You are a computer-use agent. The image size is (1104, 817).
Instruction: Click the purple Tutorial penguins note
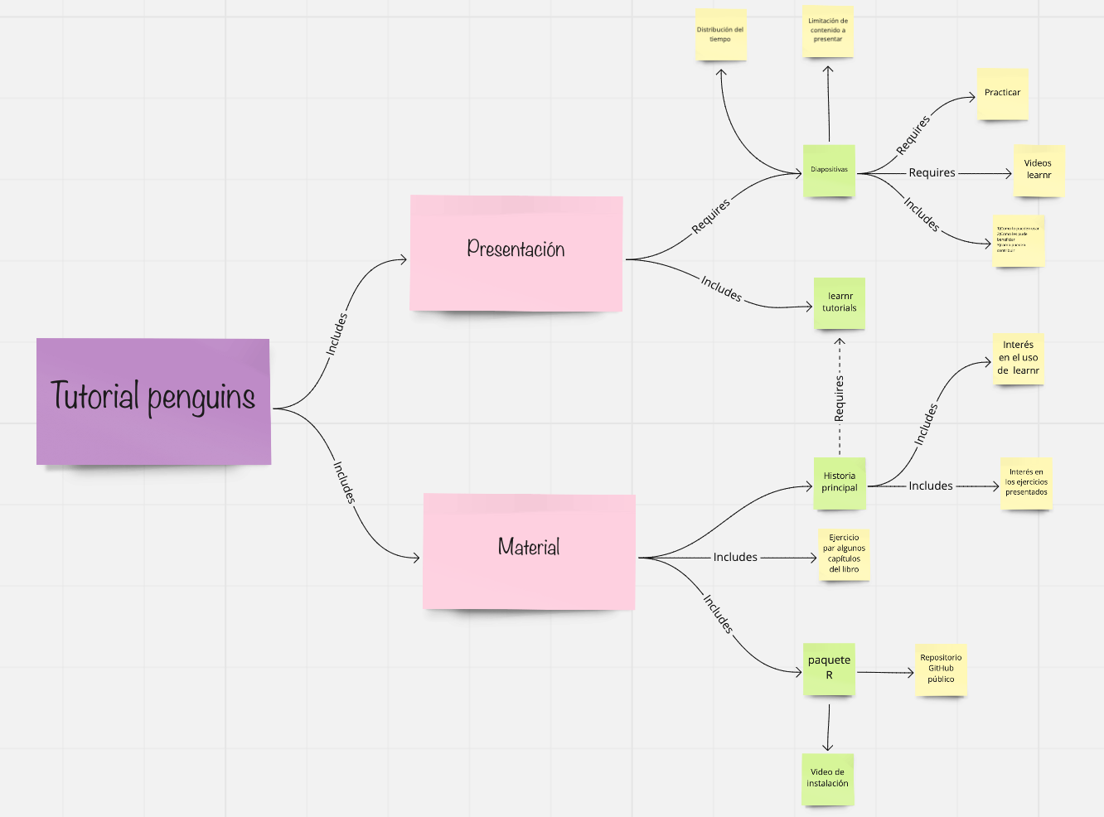pyautogui.click(x=153, y=400)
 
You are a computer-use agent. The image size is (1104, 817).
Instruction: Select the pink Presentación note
pyautogui.click(x=516, y=253)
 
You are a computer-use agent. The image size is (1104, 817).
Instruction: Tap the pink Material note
pyautogui.click(x=529, y=551)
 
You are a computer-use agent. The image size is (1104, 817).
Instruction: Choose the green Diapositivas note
pyautogui.click(x=829, y=171)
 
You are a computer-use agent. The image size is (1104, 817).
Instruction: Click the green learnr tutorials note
pyautogui.click(x=840, y=302)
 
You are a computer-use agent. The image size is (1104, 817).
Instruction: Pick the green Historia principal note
pyautogui.click(x=840, y=482)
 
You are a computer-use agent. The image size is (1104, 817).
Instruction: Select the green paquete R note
pyautogui.click(x=829, y=668)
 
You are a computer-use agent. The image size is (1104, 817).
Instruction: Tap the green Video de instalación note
pyautogui.click(x=827, y=778)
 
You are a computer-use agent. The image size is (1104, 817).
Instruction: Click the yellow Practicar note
pyautogui.click(x=1002, y=94)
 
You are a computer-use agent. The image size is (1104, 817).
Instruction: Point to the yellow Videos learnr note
pyautogui.click(x=1039, y=170)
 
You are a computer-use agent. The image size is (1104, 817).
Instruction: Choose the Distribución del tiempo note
pyautogui.click(x=720, y=35)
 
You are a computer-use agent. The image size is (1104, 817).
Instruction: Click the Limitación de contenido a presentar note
pyautogui.click(x=828, y=31)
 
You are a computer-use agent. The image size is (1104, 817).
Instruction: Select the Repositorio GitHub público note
pyautogui.click(x=941, y=669)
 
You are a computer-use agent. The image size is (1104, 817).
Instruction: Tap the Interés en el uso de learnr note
pyautogui.click(x=1018, y=358)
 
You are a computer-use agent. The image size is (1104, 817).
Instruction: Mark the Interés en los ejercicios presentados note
pyautogui.click(x=1026, y=483)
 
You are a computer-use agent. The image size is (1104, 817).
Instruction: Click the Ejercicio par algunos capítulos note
pyautogui.click(x=844, y=554)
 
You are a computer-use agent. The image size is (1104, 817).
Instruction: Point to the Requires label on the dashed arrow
pyautogui.click(x=840, y=398)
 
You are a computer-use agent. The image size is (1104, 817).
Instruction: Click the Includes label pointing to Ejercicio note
pyautogui.click(x=735, y=558)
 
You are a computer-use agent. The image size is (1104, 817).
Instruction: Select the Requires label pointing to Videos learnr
pyautogui.click(x=932, y=173)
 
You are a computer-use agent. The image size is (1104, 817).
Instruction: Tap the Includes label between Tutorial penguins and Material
pyautogui.click(x=344, y=482)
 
